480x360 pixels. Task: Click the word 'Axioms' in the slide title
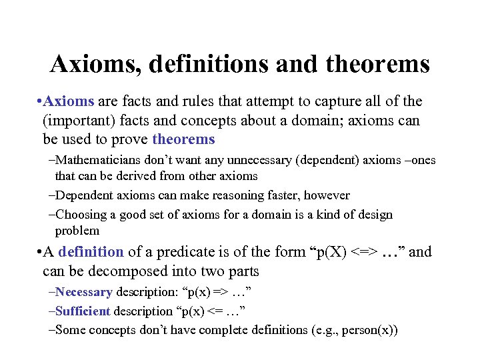[x=96, y=65]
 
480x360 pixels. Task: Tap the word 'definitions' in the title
[x=210, y=65]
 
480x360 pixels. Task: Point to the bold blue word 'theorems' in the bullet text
[x=183, y=139]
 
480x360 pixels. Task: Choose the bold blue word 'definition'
[x=91, y=251]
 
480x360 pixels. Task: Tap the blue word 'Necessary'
[x=85, y=292]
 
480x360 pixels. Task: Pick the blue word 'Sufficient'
[x=83, y=311]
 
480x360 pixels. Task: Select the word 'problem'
[x=77, y=231]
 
